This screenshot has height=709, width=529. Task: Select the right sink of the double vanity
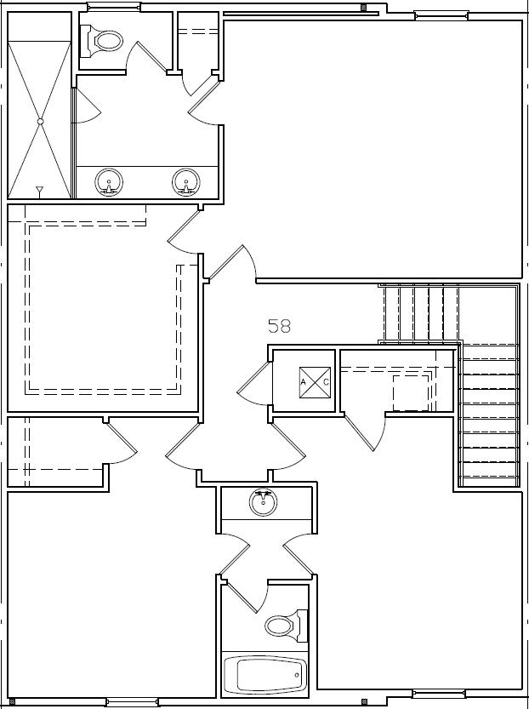186,181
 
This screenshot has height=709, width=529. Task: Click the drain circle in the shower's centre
40,122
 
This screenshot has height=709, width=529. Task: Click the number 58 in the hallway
280,325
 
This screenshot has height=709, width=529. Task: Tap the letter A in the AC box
303,382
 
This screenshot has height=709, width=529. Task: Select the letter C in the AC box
325,382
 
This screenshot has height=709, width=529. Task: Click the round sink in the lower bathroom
264,502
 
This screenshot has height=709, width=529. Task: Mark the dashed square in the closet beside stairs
411,392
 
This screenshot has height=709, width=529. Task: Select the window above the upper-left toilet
114,8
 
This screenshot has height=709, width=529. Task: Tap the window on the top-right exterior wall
441,14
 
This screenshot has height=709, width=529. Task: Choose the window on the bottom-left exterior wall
132,702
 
